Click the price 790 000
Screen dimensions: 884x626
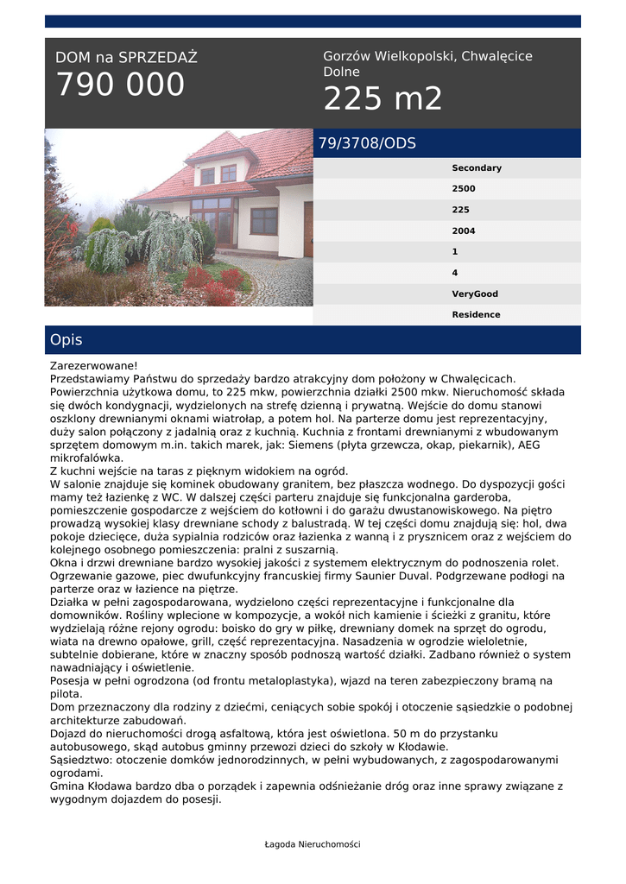click(x=120, y=85)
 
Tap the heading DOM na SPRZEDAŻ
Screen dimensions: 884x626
click(x=126, y=58)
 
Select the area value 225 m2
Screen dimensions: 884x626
click(x=383, y=99)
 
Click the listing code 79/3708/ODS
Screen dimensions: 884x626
click(x=367, y=143)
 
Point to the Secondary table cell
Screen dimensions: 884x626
click(x=476, y=168)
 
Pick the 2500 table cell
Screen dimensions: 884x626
click(x=464, y=189)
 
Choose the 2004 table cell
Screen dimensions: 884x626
click(x=464, y=231)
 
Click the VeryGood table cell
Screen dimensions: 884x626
click(x=475, y=294)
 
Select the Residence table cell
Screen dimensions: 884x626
click(x=476, y=315)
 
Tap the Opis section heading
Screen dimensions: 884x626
click(x=66, y=340)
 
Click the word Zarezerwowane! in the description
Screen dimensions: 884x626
click(x=93, y=366)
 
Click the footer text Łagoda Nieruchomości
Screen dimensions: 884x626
click(x=313, y=844)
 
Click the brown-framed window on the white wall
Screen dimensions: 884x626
click(x=264, y=221)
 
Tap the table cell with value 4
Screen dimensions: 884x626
click(x=455, y=273)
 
